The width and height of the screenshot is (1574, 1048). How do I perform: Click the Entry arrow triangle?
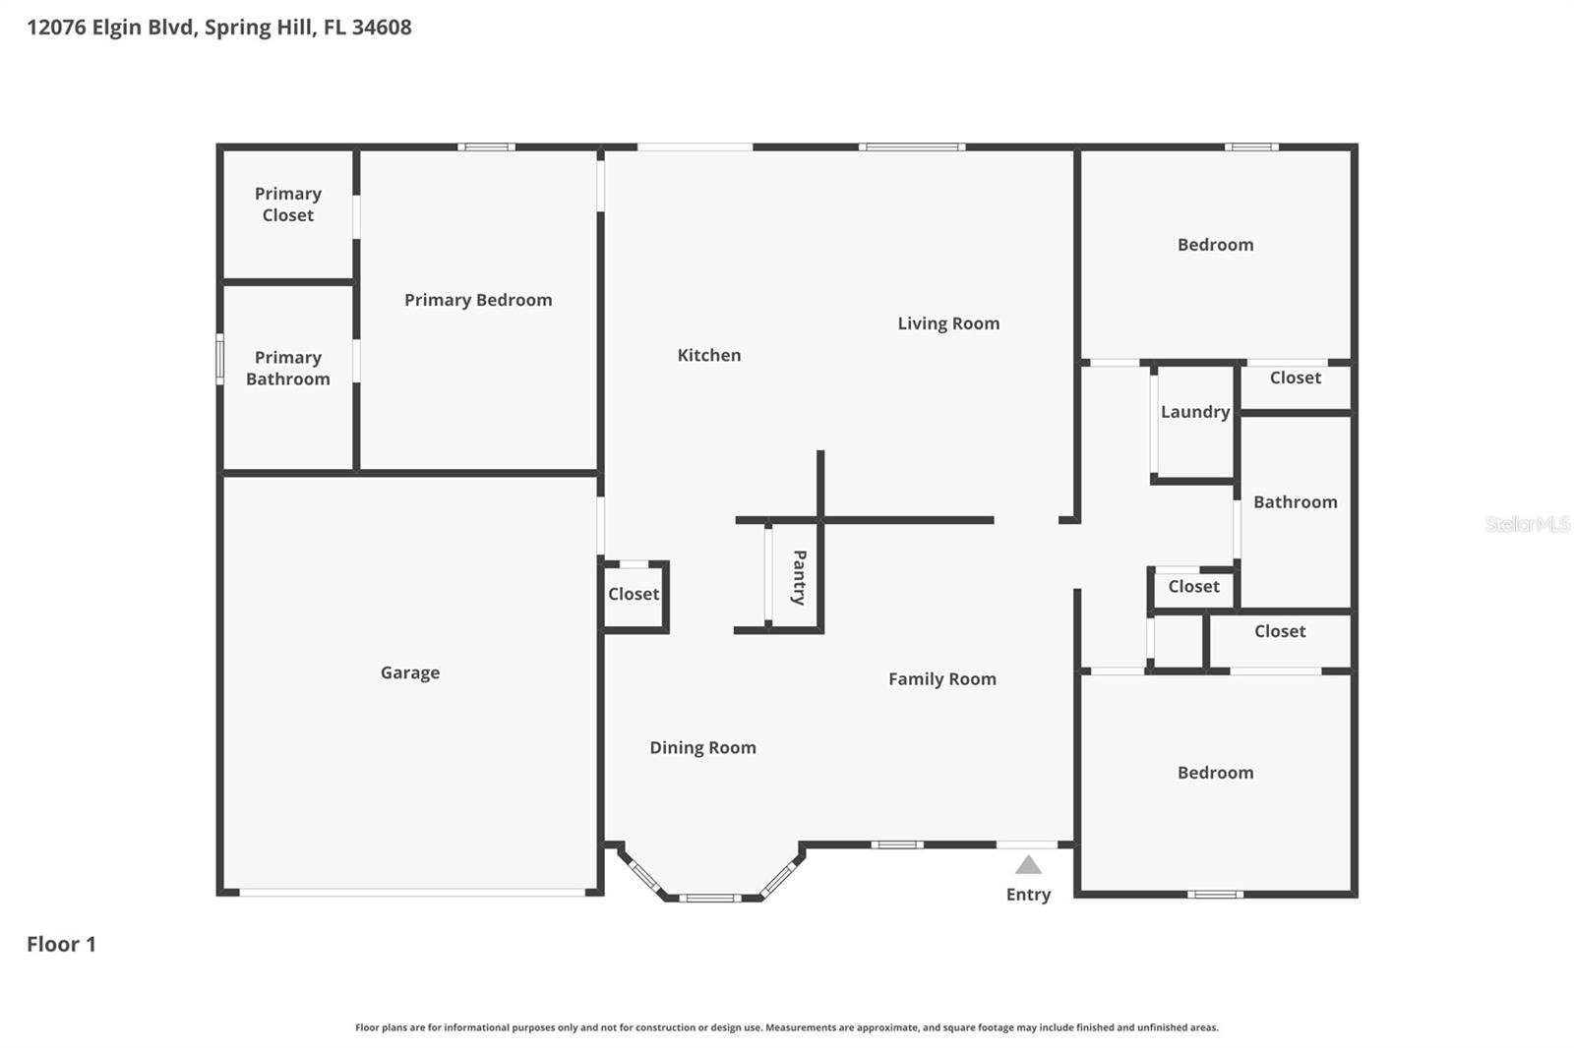(x=1028, y=865)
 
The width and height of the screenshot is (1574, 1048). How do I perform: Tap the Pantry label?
(x=799, y=577)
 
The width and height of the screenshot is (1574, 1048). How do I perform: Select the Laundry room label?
(x=1194, y=412)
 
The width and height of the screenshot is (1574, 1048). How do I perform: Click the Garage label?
(x=410, y=672)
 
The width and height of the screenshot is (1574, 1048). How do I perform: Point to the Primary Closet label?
(x=287, y=204)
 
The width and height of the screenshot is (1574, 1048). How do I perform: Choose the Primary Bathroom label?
(x=287, y=368)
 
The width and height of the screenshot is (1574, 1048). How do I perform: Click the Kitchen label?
(x=708, y=355)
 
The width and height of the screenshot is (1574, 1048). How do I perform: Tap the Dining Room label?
(x=702, y=747)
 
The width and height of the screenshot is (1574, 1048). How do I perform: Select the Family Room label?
(x=941, y=678)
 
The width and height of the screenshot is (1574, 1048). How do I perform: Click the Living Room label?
(x=948, y=323)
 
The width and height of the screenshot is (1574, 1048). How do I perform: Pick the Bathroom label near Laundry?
(x=1295, y=501)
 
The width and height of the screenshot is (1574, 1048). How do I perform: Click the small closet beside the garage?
(x=634, y=594)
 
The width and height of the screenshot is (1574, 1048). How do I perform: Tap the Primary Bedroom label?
(x=478, y=300)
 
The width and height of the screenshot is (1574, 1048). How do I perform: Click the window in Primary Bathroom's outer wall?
(x=220, y=359)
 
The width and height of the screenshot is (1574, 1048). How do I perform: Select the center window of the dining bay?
(x=709, y=897)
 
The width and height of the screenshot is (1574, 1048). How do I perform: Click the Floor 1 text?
(x=61, y=944)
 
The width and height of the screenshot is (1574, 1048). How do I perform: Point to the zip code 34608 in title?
(x=381, y=27)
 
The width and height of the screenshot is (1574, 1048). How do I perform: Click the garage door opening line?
(x=412, y=893)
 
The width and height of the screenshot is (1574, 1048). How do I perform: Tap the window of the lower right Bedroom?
(x=1215, y=894)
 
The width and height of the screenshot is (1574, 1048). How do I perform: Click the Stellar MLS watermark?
(x=1527, y=524)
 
